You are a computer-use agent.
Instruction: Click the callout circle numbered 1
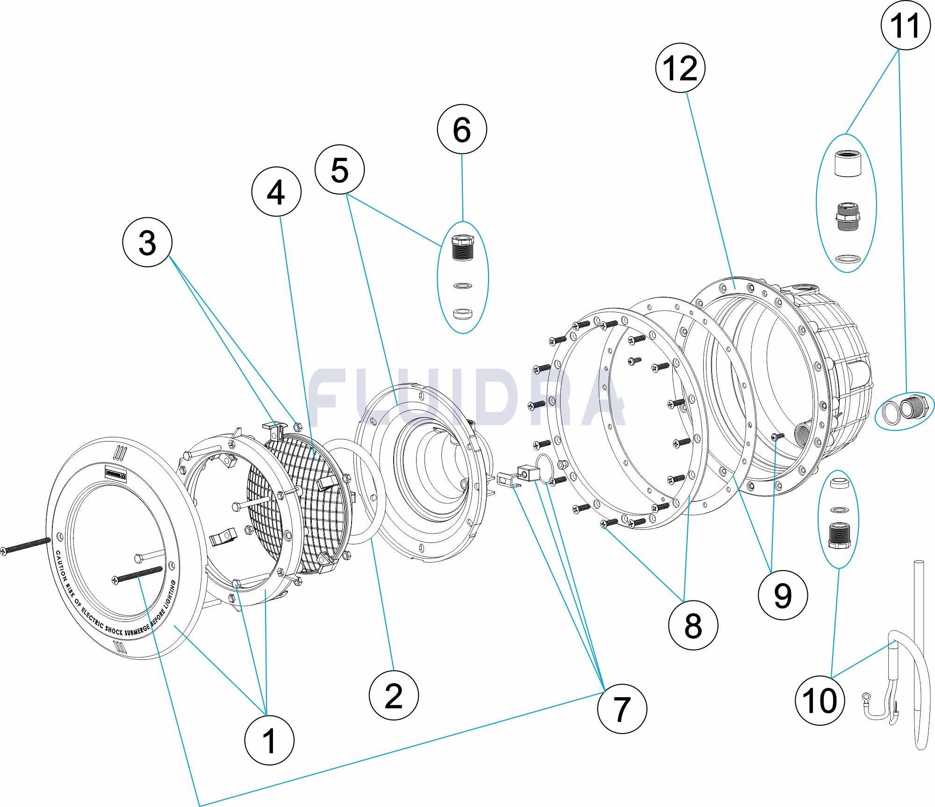(270, 740)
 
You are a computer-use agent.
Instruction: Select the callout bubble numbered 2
(394, 695)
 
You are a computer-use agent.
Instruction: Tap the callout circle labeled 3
(147, 243)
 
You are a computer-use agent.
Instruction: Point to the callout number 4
(276, 192)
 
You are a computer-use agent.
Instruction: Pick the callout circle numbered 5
(339, 170)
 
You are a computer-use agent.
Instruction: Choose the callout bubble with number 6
(462, 129)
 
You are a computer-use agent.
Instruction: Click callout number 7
(622, 708)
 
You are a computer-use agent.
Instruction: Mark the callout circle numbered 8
(693, 624)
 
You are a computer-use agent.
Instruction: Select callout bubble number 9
(783, 595)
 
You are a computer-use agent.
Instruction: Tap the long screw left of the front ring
(25, 545)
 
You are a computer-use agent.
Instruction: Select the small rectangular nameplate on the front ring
(114, 474)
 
